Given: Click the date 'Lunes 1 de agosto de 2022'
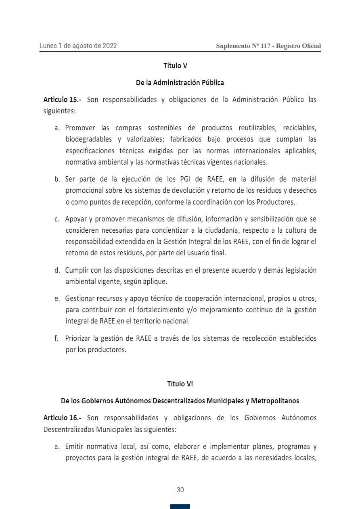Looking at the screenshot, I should [78, 46].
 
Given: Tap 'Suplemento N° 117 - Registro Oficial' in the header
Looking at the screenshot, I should [268, 46].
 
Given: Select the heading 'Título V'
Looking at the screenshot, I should [175, 65].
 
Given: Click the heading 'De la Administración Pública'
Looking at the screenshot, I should [180, 83].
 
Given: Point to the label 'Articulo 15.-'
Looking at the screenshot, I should [62, 100].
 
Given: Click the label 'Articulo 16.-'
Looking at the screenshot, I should [62, 418].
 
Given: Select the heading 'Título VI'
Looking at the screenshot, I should [180, 384].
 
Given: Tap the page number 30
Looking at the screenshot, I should [180, 490].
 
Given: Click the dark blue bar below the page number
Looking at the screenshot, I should [180, 507].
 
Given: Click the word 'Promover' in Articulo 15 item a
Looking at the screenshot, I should [80, 128].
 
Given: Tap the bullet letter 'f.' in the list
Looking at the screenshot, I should [57, 338].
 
